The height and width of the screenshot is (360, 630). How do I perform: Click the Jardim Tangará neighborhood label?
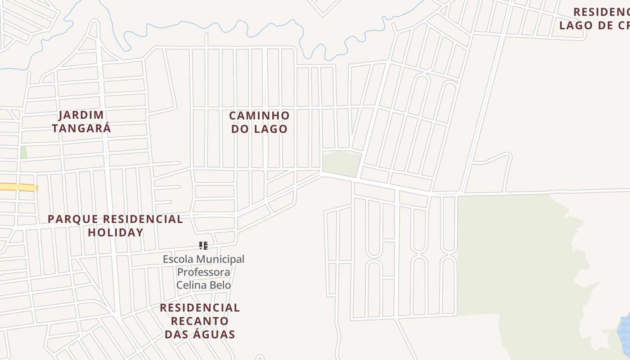coord(81,121)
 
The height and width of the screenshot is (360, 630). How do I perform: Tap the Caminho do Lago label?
coord(259,122)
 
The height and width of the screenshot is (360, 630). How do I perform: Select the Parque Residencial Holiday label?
coord(115,225)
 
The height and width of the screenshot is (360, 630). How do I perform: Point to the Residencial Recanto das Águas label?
coord(200,321)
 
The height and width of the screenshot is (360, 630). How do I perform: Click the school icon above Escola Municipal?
coord(203,246)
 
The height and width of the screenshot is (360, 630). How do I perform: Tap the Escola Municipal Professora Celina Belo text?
coord(203,272)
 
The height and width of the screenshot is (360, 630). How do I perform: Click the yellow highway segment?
coord(18,187)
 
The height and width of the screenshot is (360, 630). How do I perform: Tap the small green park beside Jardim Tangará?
coord(23,152)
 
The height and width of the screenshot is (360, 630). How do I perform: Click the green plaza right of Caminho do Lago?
coord(341,163)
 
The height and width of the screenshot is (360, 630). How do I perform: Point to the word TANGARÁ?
coord(81,128)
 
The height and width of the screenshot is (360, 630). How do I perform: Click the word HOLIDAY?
coord(116,232)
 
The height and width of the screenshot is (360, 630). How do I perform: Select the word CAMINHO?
coord(259,116)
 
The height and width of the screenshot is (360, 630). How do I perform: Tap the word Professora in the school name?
coord(203,272)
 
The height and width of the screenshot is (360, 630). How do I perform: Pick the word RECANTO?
coord(200,321)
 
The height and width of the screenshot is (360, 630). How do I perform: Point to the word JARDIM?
coord(81,115)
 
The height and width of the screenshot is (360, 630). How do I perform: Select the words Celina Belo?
coord(203,285)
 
